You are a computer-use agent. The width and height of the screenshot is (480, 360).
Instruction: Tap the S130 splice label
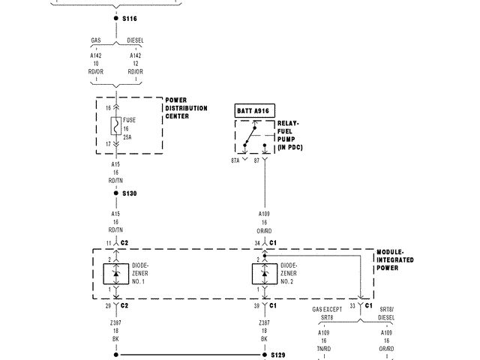coord(130,193)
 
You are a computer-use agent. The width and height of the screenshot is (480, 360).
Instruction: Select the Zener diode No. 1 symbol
coord(116,274)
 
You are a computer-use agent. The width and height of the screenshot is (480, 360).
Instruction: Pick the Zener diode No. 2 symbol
coord(265,274)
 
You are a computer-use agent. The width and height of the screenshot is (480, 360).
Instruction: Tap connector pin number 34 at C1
coord(258,244)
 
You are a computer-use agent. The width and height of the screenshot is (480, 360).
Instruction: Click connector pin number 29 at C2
coord(109,306)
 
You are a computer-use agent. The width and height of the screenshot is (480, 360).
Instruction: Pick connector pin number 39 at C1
coord(258,306)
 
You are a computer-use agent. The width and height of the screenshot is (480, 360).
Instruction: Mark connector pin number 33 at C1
coord(352,306)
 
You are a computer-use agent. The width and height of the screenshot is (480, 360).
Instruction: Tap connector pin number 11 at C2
coord(109,244)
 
